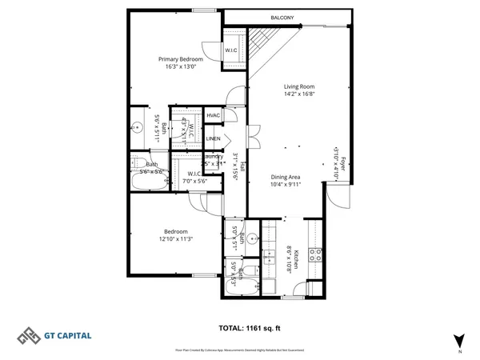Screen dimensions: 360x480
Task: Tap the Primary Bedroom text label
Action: point(180,59)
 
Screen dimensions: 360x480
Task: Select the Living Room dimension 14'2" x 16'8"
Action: point(298,94)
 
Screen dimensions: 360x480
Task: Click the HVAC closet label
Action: point(213,116)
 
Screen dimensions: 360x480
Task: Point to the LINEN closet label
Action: point(213,139)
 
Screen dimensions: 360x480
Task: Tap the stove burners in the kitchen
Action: point(316,256)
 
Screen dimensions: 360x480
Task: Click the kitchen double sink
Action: point(271,258)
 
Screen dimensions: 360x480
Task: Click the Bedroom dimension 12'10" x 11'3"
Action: point(176,238)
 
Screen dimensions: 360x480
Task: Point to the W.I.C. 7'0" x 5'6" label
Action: point(196,178)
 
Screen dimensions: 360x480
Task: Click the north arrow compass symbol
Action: point(459,340)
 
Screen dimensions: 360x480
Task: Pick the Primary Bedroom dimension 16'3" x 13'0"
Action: point(180,67)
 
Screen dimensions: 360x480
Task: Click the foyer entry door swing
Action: point(338,196)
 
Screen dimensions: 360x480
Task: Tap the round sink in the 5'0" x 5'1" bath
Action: point(251,238)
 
